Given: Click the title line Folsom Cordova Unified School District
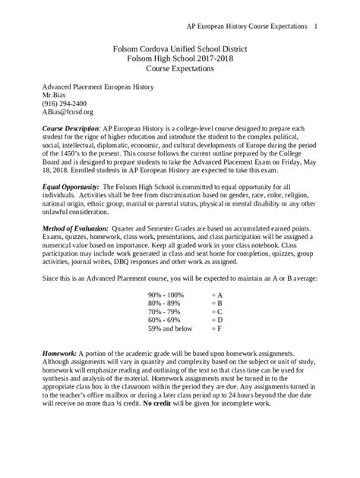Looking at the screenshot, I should pos(179,47).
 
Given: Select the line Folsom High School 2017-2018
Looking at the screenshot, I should pos(179,57).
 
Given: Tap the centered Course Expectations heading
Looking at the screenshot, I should pos(179,68).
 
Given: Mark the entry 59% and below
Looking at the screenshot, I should pos(171,329).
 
